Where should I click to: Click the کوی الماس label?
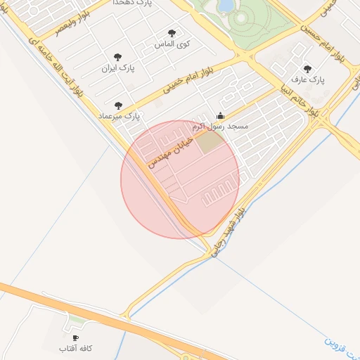[x=172, y=44]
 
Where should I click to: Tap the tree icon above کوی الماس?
[x=172, y=33]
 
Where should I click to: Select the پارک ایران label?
[x=117, y=69]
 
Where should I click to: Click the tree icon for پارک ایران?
[x=117, y=58]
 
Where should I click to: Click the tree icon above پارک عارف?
[x=307, y=69]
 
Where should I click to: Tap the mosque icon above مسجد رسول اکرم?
[x=220, y=115]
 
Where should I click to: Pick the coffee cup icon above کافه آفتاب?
[x=76, y=338]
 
